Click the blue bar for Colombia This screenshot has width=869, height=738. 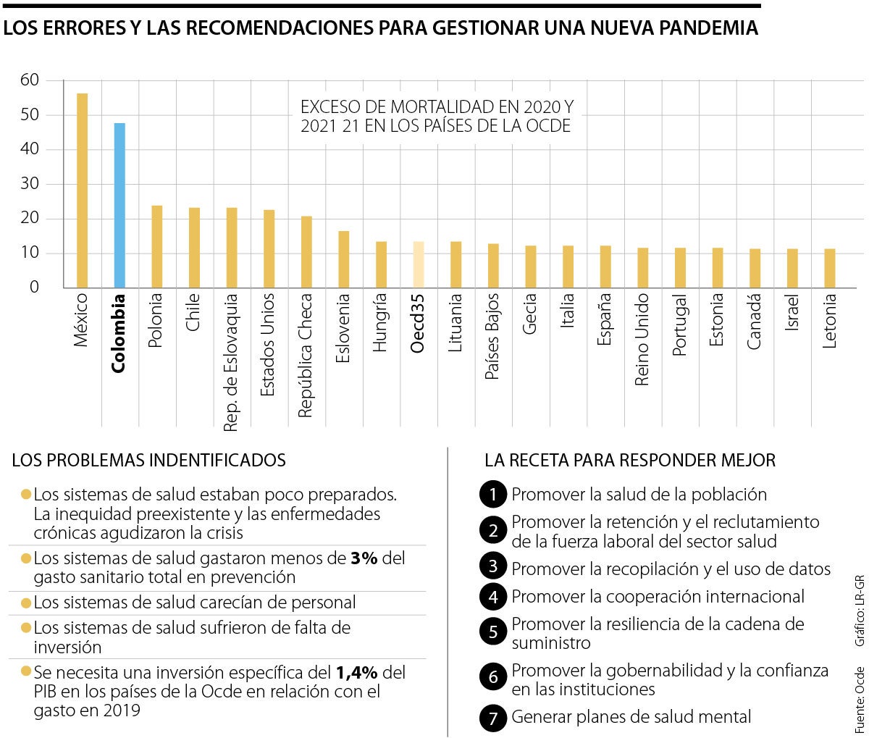coord(119,205)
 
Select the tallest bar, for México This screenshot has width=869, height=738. coord(82,190)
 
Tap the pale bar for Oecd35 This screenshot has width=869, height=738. coord(419,264)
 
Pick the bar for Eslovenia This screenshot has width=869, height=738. coord(344,259)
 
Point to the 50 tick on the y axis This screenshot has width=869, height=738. coord(30,115)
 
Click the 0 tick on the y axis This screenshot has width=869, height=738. coord(34,288)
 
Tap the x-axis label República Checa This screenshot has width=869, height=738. coord(306,355)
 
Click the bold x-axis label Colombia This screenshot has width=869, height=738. coord(118,332)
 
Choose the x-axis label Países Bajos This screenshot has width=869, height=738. coord(492,336)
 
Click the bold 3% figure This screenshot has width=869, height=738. coord(364,558)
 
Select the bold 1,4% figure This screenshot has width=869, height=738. coord(356,673)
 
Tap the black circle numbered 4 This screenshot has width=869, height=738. coord(493,597)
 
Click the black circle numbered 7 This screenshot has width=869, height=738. coord(493,718)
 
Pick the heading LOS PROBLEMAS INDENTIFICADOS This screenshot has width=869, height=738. coord(149,460)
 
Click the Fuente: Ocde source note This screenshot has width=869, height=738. coord(860,698)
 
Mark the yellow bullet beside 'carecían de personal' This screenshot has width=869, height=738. coord(26,603)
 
